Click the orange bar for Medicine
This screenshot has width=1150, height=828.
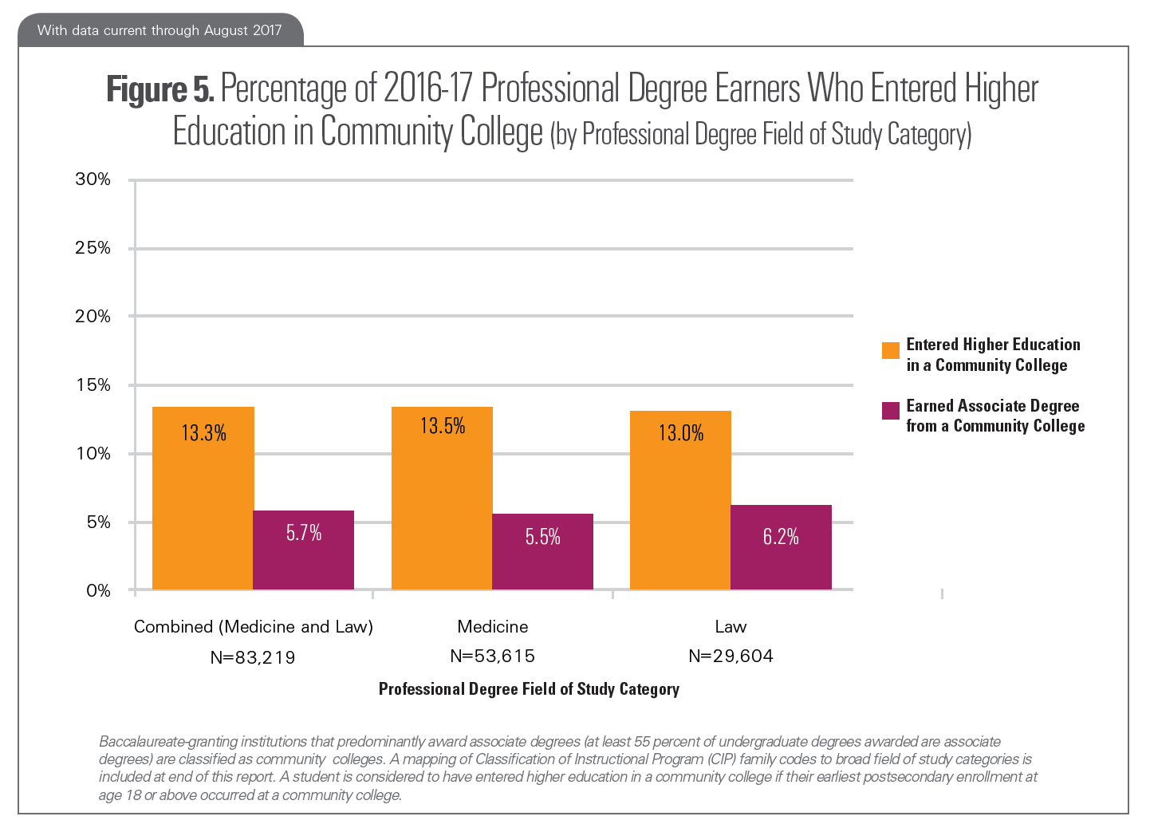442,499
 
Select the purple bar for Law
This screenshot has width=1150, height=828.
781,547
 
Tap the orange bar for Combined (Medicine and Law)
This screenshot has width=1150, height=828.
203,499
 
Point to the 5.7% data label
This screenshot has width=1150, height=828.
304,533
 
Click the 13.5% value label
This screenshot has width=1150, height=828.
443,426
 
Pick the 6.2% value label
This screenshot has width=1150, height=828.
781,537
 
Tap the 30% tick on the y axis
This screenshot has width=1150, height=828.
93,179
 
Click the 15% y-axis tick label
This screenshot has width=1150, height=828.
93,385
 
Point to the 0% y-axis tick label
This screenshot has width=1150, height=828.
98,591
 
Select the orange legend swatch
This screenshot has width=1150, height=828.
890,350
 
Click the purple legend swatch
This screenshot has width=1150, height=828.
890,411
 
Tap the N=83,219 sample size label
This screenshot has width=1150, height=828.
253,657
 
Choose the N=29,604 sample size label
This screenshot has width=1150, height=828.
731,656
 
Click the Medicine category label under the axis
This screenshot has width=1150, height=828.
492,627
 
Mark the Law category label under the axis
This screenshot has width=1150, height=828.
731,627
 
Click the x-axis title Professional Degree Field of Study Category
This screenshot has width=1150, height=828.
529,689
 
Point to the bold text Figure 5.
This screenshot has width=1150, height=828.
160,89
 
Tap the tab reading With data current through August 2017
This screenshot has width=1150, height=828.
160,30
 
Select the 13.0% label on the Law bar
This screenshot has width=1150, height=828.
681,433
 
